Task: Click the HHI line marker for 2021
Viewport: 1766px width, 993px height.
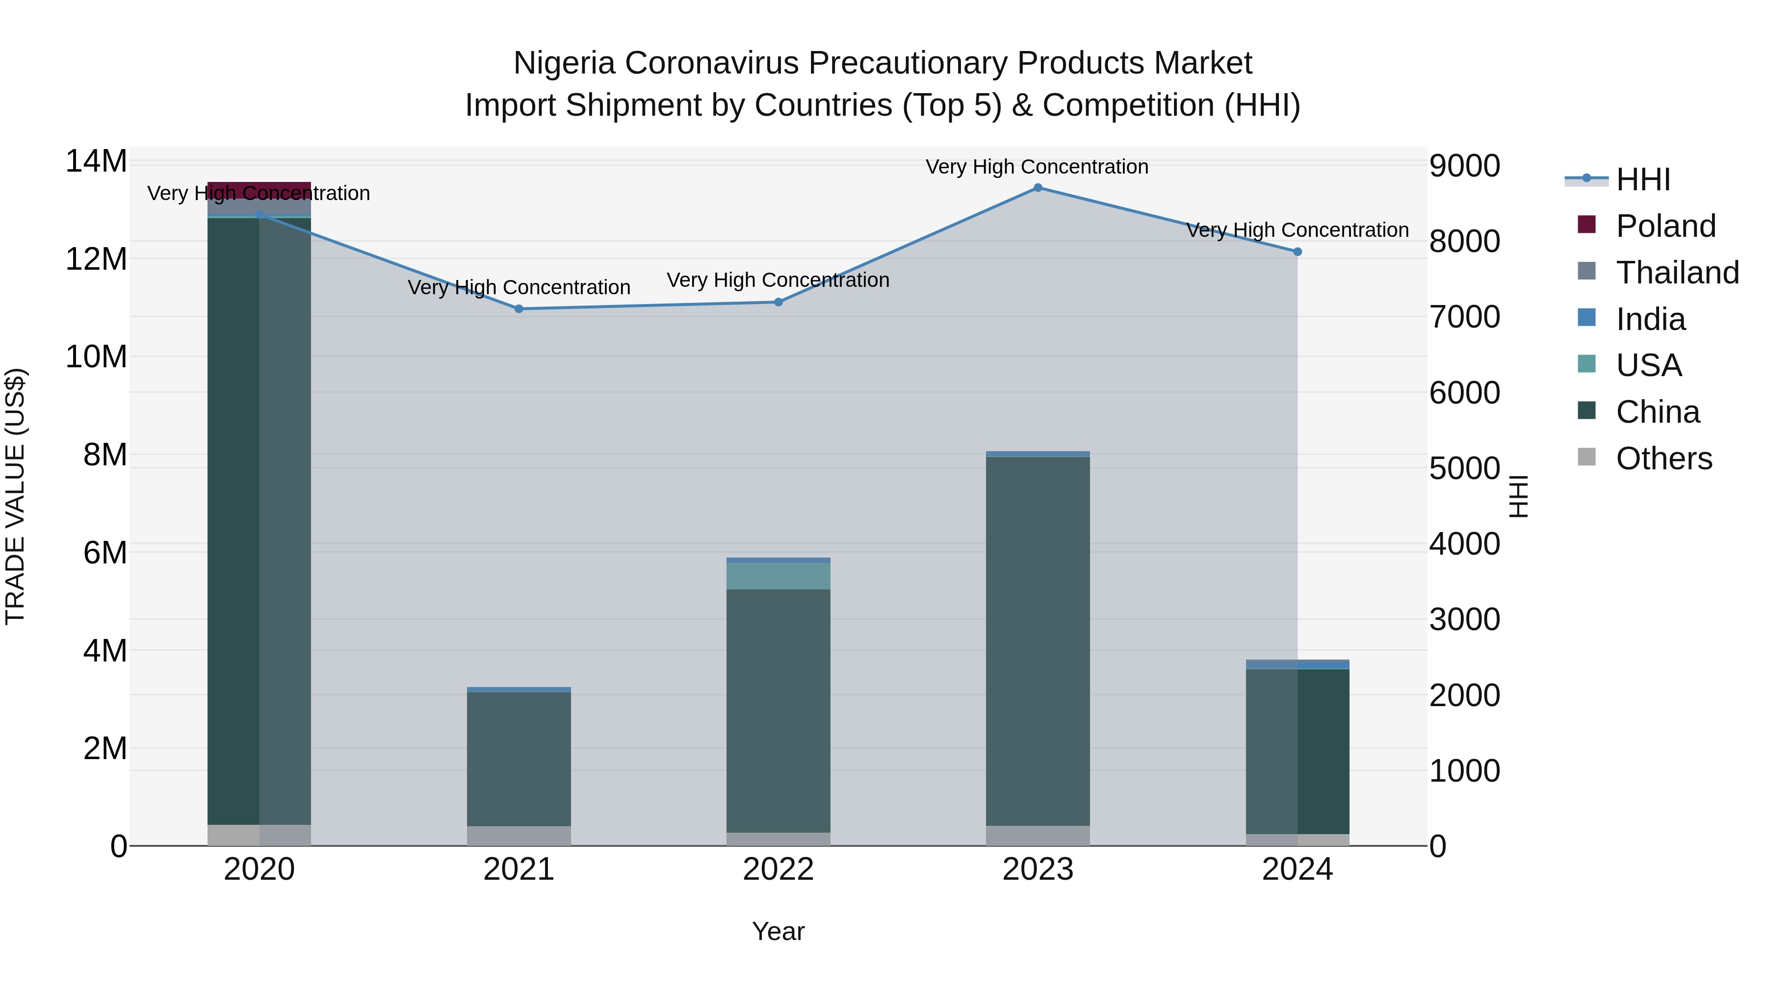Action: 519,309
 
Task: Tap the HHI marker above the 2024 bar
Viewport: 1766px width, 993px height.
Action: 1297,252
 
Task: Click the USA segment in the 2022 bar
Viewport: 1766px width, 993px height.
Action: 778,576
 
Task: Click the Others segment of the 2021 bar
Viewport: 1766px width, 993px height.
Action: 519,836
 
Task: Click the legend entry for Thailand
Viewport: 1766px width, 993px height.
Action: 1677,273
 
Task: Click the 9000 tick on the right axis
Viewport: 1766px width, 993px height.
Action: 1465,166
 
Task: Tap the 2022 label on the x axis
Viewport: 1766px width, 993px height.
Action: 778,869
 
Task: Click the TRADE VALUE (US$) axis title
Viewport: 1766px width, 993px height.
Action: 15,496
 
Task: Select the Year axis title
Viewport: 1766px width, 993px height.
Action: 778,931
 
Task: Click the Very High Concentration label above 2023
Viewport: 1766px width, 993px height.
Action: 1037,167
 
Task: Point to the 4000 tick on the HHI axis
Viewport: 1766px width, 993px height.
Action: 1465,544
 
